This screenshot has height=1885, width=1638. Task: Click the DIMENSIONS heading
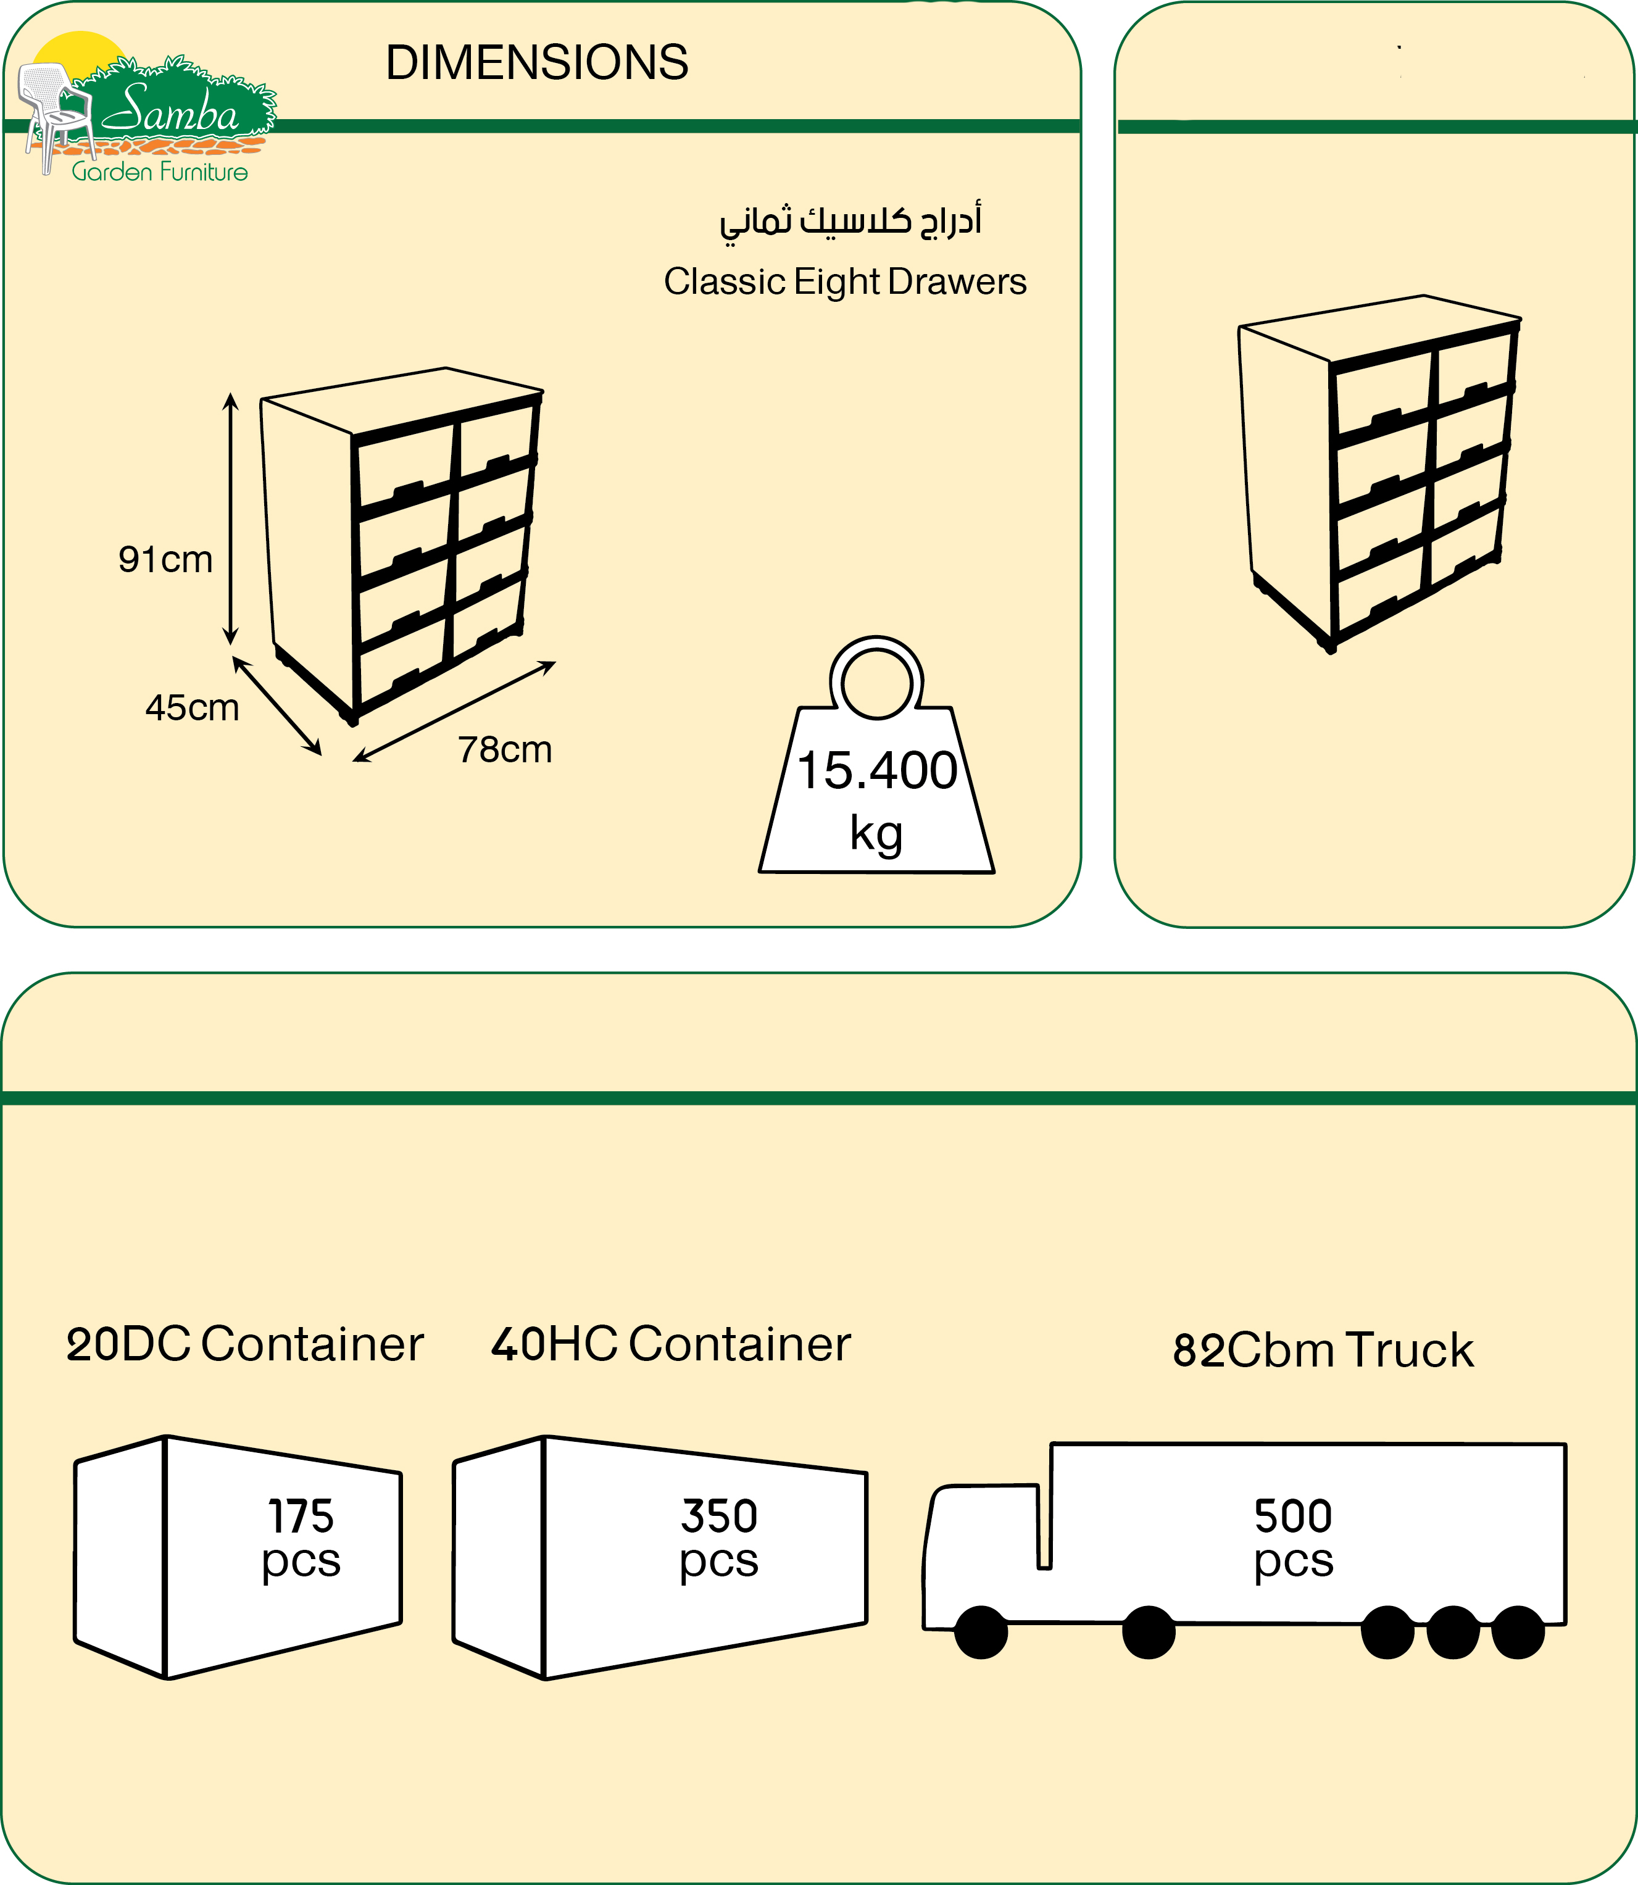(x=536, y=63)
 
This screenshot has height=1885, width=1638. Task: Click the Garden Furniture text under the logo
(x=160, y=172)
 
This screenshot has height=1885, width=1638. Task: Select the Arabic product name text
(x=850, y=221)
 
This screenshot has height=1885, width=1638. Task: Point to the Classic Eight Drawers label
(x=844, y=281)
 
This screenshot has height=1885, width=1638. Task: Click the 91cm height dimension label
(x=165, y=559)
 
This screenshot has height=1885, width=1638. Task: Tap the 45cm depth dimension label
(x=192, y=707)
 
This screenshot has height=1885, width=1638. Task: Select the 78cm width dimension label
(x=505, y=749)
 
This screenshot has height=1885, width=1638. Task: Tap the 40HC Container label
(x=671, y=1344)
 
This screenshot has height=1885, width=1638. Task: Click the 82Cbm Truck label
(x=1323, y=1350)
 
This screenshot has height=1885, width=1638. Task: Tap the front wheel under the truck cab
(x=981, y=1632)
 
